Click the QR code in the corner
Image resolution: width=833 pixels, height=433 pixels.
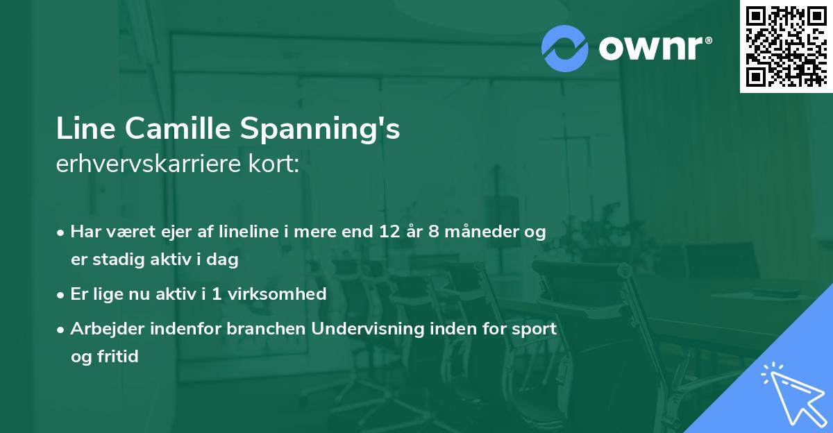(x=786, y=46)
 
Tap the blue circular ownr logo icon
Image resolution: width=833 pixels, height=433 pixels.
(x=565, y=49)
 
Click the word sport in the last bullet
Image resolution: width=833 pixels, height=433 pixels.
(x=535, y=329)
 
